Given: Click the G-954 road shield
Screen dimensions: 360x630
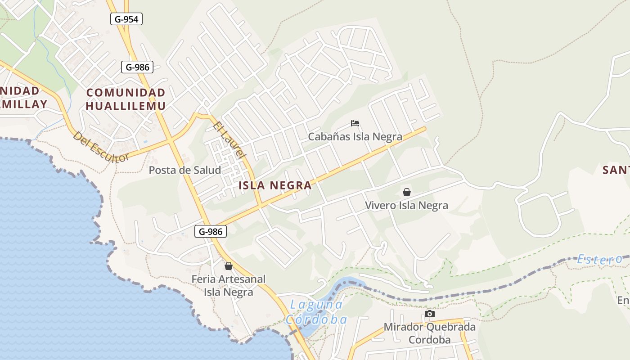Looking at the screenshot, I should pyautogui.click(x=126, y=18).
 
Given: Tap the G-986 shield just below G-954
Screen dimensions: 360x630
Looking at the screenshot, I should pyautogui.click(x=137, y=67).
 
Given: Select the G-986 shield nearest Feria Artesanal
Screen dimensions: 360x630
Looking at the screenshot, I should pyautogui.click(x=211, y=232).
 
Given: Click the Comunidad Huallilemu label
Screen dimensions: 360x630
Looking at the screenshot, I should pyautogui.click(x=126, y=99).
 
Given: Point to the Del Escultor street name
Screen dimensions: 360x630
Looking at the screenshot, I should pyautogui.click(x=101, y=147).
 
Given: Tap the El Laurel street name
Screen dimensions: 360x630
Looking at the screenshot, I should pyautogui.click(x=229, y=139).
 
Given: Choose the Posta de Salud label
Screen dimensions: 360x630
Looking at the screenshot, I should pyautogui.click(x=184, y=170).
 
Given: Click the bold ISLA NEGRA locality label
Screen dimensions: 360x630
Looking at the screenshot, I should pyautogui.click(x=275, y=185).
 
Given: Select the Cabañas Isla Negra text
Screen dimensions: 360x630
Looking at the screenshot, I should pyautogui.click(x=355, y=136).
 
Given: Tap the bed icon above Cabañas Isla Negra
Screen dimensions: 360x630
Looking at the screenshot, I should pyautogui.click(x=355, y=123).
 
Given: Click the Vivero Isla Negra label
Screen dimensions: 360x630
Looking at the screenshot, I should pyautogui.click(x=406, y=206).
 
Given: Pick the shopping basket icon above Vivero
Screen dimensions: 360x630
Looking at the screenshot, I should pyautogui.click(x=407, y=193).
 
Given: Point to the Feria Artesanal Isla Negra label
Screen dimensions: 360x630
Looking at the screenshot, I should pyautogui.click(x=229, y=285).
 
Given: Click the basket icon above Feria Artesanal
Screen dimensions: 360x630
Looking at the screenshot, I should pyautogui.click(x=229, y=266).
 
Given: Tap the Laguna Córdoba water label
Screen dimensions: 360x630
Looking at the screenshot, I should pyautogui.click(x=316, y=312).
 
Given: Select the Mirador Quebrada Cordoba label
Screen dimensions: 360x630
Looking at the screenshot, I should pyautogui.click(x=429, y=333).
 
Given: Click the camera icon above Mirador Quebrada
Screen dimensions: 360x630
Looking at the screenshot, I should pyautogui.click(x=430, y=314).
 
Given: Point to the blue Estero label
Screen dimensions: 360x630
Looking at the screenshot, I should pyautogui.click(x=600, y=259).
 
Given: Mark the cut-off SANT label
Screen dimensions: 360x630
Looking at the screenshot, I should pyautogui.click(x=616, y=170).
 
